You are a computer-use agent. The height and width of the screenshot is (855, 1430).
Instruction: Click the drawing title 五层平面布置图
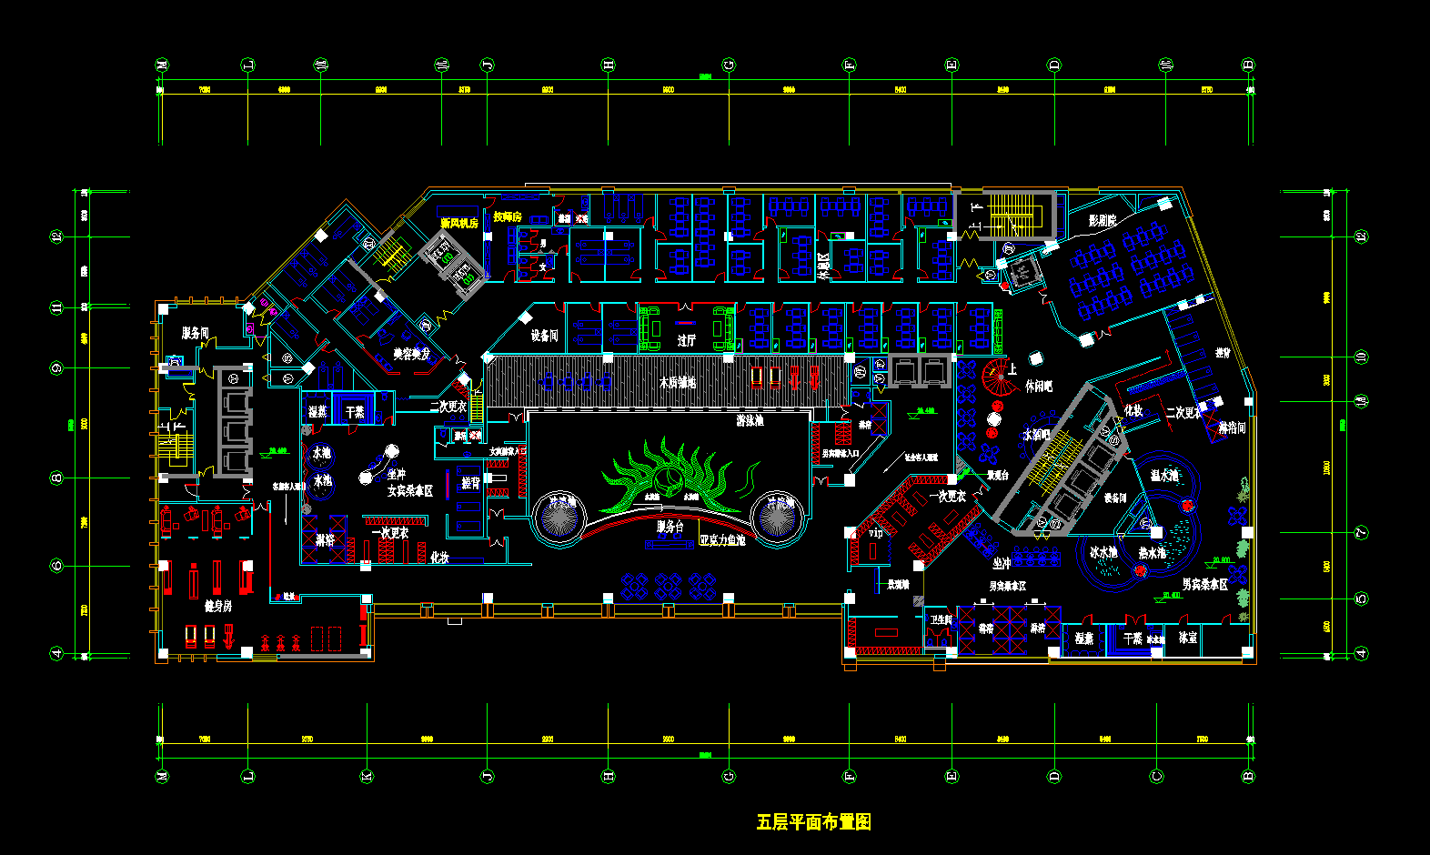(x=813, y=822)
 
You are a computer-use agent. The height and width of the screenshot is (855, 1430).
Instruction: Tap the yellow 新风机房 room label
(x=459, y=223)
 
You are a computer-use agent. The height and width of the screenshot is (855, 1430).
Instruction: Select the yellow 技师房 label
(x=508, y=216)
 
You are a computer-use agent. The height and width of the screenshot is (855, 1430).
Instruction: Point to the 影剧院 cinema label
(x=1102, y=220)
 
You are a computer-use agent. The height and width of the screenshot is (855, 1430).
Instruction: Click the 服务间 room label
(x=195, y=333)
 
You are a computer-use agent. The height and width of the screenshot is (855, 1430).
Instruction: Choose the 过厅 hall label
(x=687, y=340)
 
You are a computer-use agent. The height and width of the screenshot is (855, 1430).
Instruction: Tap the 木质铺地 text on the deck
(x=678, y=383)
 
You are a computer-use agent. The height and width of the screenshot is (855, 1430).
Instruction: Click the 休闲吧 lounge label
(x=1038, y=386)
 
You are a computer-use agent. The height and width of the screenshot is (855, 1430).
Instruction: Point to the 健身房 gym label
(x=217, y=606)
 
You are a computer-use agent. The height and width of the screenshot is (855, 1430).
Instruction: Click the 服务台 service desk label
(x=670, y=527)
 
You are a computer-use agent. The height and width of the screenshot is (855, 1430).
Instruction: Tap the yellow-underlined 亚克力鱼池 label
(x=722, y=539)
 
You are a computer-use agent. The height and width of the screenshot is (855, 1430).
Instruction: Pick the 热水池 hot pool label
(x=1152, y=552)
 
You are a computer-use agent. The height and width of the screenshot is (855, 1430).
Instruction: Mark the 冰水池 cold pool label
(x=1103, y=552)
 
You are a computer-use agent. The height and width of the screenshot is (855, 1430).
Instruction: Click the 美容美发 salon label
(x=411, y=354)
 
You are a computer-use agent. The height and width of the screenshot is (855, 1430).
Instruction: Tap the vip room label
(x=875, y=533)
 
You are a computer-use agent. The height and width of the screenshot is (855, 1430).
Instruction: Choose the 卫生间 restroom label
(x=940, y=619)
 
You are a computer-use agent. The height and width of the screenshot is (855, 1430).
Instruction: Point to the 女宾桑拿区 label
(x=410, y=490)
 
